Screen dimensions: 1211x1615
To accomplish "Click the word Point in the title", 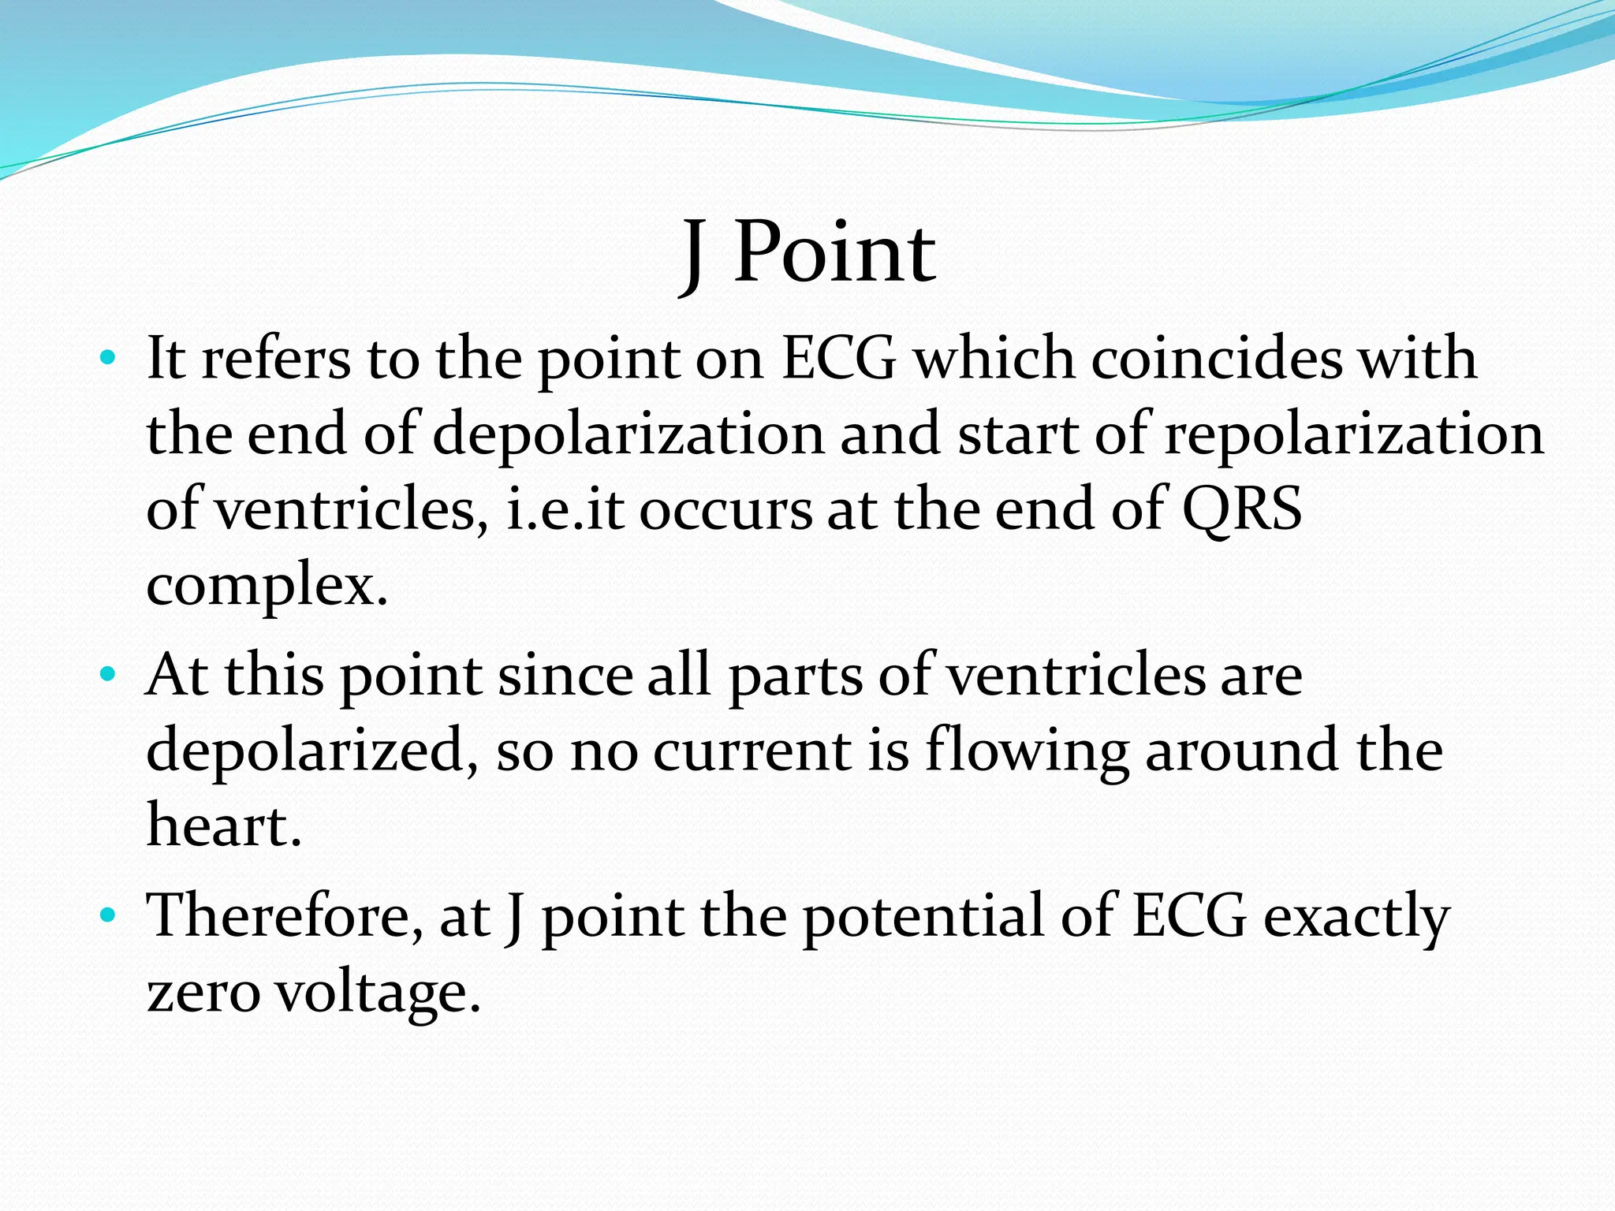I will click(x=834, y=253).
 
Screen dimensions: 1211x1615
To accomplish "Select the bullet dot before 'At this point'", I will click(x=108, y=676).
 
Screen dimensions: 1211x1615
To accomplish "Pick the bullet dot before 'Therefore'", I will click(x=108, y=916).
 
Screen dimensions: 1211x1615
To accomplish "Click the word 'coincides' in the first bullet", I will click(x=1216, y=359).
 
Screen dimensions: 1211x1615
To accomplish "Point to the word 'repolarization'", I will click(x=1353, y=435).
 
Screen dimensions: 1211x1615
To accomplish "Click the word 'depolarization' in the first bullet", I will click(x=628, y=435).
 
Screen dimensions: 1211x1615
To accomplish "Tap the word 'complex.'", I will click(x=267, y=587).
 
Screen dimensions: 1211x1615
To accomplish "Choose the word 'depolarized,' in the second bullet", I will click(x=312, y=751).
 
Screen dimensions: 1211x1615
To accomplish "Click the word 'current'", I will click(x=752, y=751).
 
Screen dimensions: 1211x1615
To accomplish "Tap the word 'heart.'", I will click(x=224, y=825).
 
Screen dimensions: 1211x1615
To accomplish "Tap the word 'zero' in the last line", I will click(x=203, y=993).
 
